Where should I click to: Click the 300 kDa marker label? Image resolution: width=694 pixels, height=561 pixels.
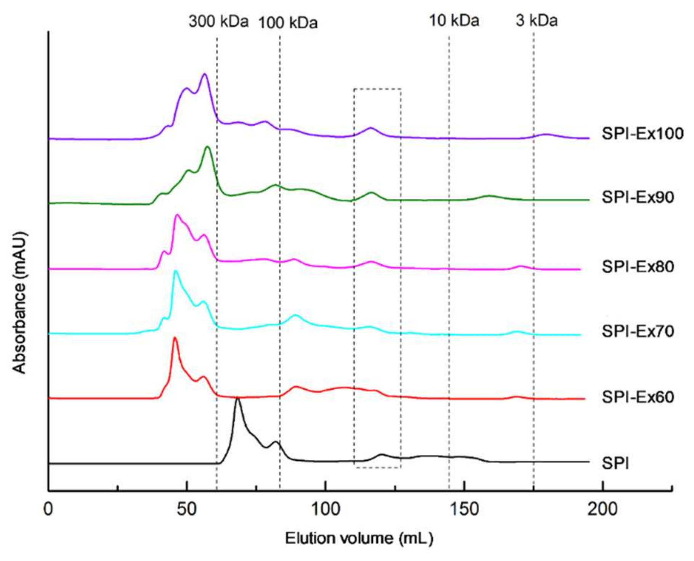pos(218,21)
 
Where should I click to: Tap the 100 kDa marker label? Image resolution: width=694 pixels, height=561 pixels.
pos(288,23)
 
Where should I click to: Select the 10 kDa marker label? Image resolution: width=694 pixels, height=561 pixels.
pos(454,20)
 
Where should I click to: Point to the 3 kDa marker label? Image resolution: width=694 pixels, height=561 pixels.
pos(536,20)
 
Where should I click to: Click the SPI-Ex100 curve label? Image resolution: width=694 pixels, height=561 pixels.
pos(642,134)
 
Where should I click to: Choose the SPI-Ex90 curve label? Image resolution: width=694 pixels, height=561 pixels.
pos(638,197)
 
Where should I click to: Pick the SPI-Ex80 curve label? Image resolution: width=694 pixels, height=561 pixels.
pos(638,266)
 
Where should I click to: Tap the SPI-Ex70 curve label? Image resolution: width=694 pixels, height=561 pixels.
pos(638,331)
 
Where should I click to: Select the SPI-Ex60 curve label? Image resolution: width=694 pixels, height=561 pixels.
pos(638,397)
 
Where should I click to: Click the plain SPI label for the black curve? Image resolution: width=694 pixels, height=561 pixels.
pos(615,463)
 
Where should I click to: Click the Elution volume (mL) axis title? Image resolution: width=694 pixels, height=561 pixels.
pos(359,538)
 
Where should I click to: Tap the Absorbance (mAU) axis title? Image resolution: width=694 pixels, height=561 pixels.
pos(19,302)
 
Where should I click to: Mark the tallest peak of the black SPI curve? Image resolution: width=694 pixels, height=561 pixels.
pos(238,398)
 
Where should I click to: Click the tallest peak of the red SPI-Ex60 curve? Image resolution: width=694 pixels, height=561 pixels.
pos(175,338)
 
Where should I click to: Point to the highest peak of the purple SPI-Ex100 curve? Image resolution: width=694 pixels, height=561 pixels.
pos(205,74)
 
